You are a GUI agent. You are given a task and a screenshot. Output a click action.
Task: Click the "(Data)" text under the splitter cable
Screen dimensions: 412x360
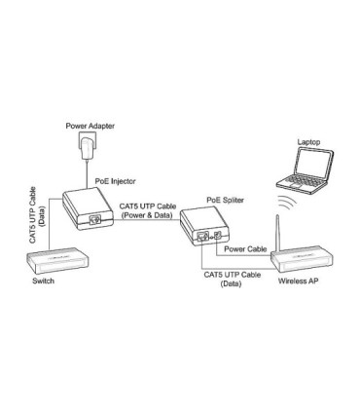233,284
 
